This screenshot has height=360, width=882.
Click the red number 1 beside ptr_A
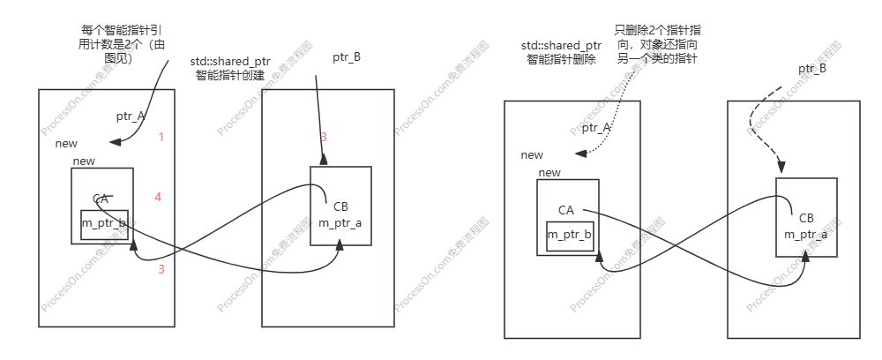(x=161, y=137)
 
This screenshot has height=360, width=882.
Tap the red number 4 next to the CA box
(x=158, y=197)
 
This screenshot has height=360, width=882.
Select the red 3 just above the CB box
(x=324, y=137)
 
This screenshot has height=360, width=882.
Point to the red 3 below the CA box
(x=161, y=269)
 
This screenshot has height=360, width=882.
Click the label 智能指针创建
(x=230, y=77)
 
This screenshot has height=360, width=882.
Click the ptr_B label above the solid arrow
(x=346, y=57)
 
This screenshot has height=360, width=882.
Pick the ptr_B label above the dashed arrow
(x=812, y=68)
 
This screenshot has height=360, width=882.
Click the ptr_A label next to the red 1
(x=131, y=116)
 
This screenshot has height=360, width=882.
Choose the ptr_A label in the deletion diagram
(x=596, y=128)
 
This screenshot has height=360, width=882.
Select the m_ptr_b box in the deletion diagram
(x=570, y=236)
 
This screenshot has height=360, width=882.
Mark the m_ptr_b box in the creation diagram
(x=104, y=225)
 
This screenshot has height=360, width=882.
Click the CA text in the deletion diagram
(x=566, y=210)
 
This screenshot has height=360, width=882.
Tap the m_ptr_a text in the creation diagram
(x=340, y=223)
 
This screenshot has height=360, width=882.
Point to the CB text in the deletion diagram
(x=806, y=218)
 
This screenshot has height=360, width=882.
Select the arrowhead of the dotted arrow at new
(x=582, y=154)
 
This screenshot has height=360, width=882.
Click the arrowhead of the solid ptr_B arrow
(x=324, y=161)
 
